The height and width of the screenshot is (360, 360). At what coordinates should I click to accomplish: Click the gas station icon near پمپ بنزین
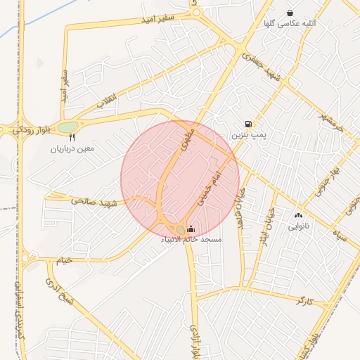pos(248,124)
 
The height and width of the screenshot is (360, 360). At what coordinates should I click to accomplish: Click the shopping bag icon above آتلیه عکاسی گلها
pos(290,13)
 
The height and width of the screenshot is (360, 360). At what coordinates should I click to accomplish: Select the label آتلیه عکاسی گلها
pos(290,23)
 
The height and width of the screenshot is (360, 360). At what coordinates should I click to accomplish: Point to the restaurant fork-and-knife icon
pos(72,139)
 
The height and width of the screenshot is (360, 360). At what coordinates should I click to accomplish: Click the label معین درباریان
pos(72,149)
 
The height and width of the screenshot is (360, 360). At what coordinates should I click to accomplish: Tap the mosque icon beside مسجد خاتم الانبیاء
pos(191,228)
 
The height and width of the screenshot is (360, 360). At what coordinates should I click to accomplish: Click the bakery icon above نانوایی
pos(298,216)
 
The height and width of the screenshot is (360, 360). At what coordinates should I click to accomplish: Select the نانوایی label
pos(298,227)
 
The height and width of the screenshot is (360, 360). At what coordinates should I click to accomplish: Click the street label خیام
pos(65,260)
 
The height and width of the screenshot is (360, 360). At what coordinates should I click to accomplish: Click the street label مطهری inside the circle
pos(184,141)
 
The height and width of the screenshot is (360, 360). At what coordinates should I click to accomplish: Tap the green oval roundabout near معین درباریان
pos(68,127)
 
